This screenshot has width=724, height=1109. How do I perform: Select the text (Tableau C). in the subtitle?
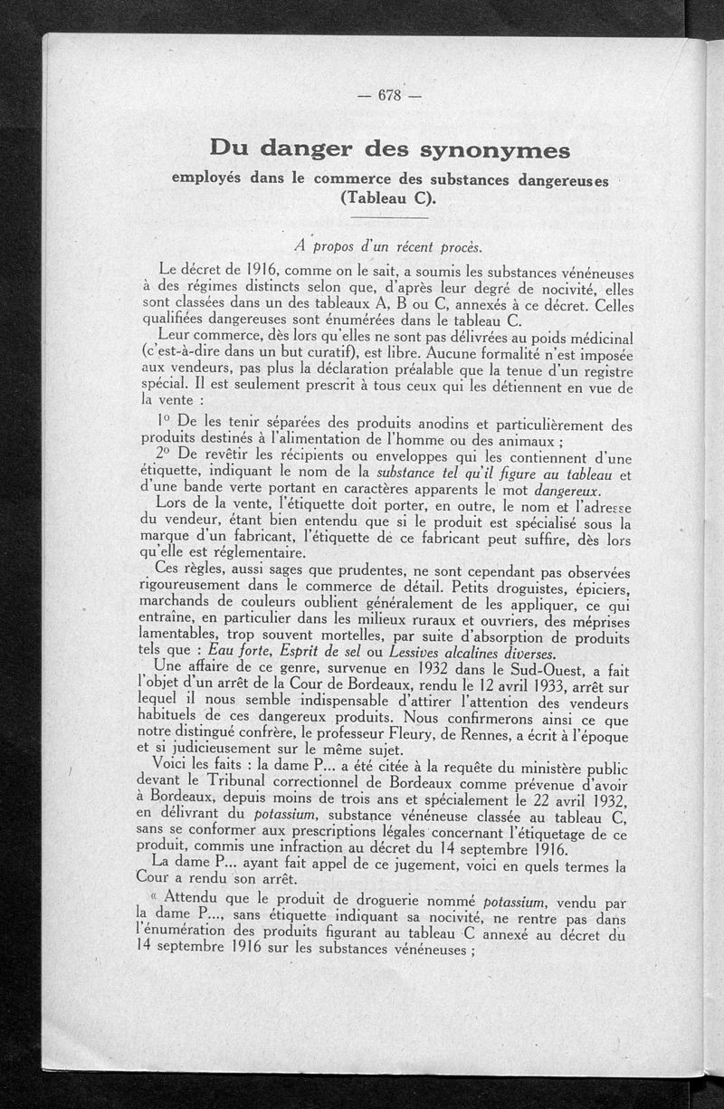[x=390, y=199]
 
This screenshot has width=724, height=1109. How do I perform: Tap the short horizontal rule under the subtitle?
[x=389, y=218]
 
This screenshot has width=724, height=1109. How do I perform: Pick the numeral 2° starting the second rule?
[x=165, y=453]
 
